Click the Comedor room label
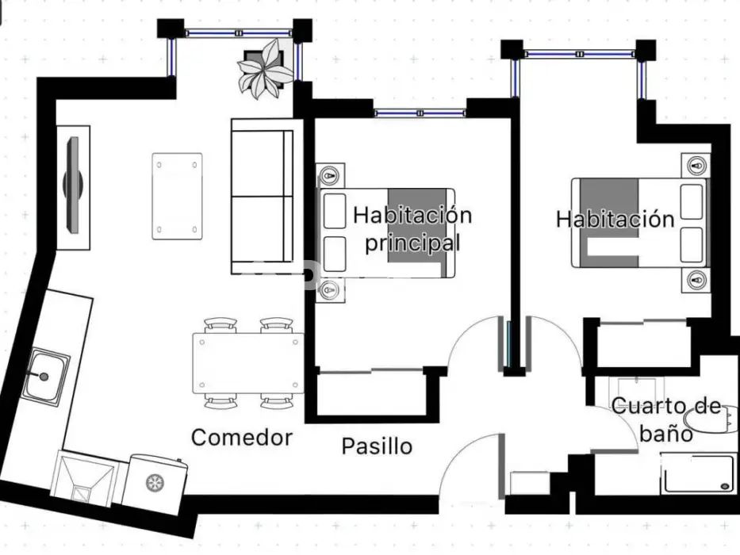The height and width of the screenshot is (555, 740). coord(242,438)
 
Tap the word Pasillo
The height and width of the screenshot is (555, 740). coord(377,446)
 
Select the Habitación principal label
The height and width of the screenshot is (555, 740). coord(412,229)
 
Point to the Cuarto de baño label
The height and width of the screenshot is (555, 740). coord(666,419)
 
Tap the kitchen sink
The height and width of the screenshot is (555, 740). coord(45,377)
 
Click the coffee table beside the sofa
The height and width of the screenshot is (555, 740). coord(178,197)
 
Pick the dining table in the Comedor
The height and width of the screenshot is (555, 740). coord(248,363)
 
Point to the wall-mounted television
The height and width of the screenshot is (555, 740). coord(73,185)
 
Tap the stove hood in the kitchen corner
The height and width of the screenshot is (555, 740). coord(83,477)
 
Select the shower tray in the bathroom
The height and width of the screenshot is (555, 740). coord(699,473)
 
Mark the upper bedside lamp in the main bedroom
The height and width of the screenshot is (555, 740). coord(330,176)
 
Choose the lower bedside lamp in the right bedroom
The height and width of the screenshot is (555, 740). coord(696,280)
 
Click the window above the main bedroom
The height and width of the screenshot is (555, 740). coord(420,113)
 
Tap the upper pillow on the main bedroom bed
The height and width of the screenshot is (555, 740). coord(335,211)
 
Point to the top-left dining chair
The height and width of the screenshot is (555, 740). coord(220,325)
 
